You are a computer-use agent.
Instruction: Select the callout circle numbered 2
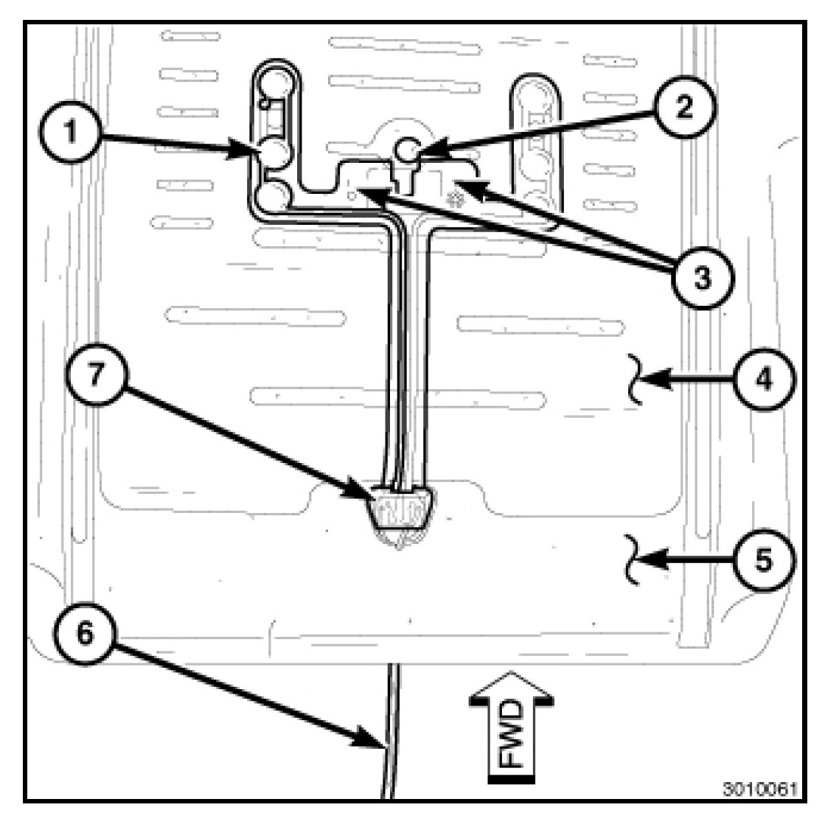tap(683, 108)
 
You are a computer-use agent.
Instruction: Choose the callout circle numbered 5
tap(764, 559)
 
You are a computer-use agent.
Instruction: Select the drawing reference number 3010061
tap(760, 789)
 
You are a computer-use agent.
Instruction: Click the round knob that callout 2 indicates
tap(407, 150)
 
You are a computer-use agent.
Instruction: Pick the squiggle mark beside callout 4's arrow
tap(635, 379)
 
